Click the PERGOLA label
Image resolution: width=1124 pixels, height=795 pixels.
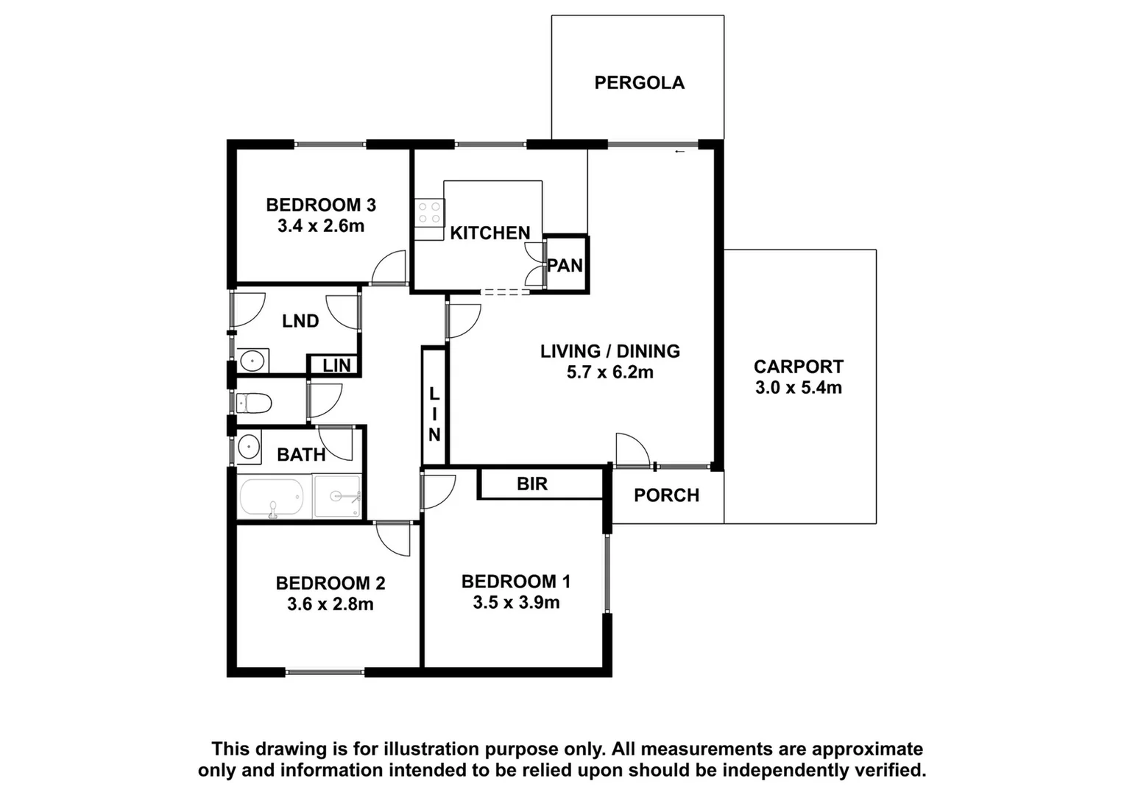click(x=639, y=82)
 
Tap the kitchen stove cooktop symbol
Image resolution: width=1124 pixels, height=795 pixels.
click(x=429, y=213)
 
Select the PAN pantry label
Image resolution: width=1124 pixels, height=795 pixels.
click(x=565, y=265)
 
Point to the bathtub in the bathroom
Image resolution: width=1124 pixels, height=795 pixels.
click(x=271, y=498)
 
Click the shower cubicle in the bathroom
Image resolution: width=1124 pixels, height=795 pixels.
click(x=337, y=496)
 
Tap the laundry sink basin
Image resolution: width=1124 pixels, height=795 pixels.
click(x=252, y=361)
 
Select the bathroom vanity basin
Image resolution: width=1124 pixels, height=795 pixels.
click(x=248, y=447)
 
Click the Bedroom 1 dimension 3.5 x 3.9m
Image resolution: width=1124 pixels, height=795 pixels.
click(x=516, y=603)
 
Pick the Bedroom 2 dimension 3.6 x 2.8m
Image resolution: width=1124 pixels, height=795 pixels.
click(x=331, y=604)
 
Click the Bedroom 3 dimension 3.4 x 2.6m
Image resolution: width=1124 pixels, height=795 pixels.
click(x=321, y=226)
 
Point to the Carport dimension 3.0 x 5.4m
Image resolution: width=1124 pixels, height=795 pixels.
click(x=799, y=388)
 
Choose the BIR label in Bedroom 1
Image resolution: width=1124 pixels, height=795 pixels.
click(x=531, y=484)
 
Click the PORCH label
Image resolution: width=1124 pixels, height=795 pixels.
click(x=666, y=495)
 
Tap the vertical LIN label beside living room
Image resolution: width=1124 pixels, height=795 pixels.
click(x=434, y=414)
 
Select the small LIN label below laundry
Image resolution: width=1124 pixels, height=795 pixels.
click(x=336, y=365)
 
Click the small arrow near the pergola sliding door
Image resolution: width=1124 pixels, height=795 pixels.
click(x=679, y=152)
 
